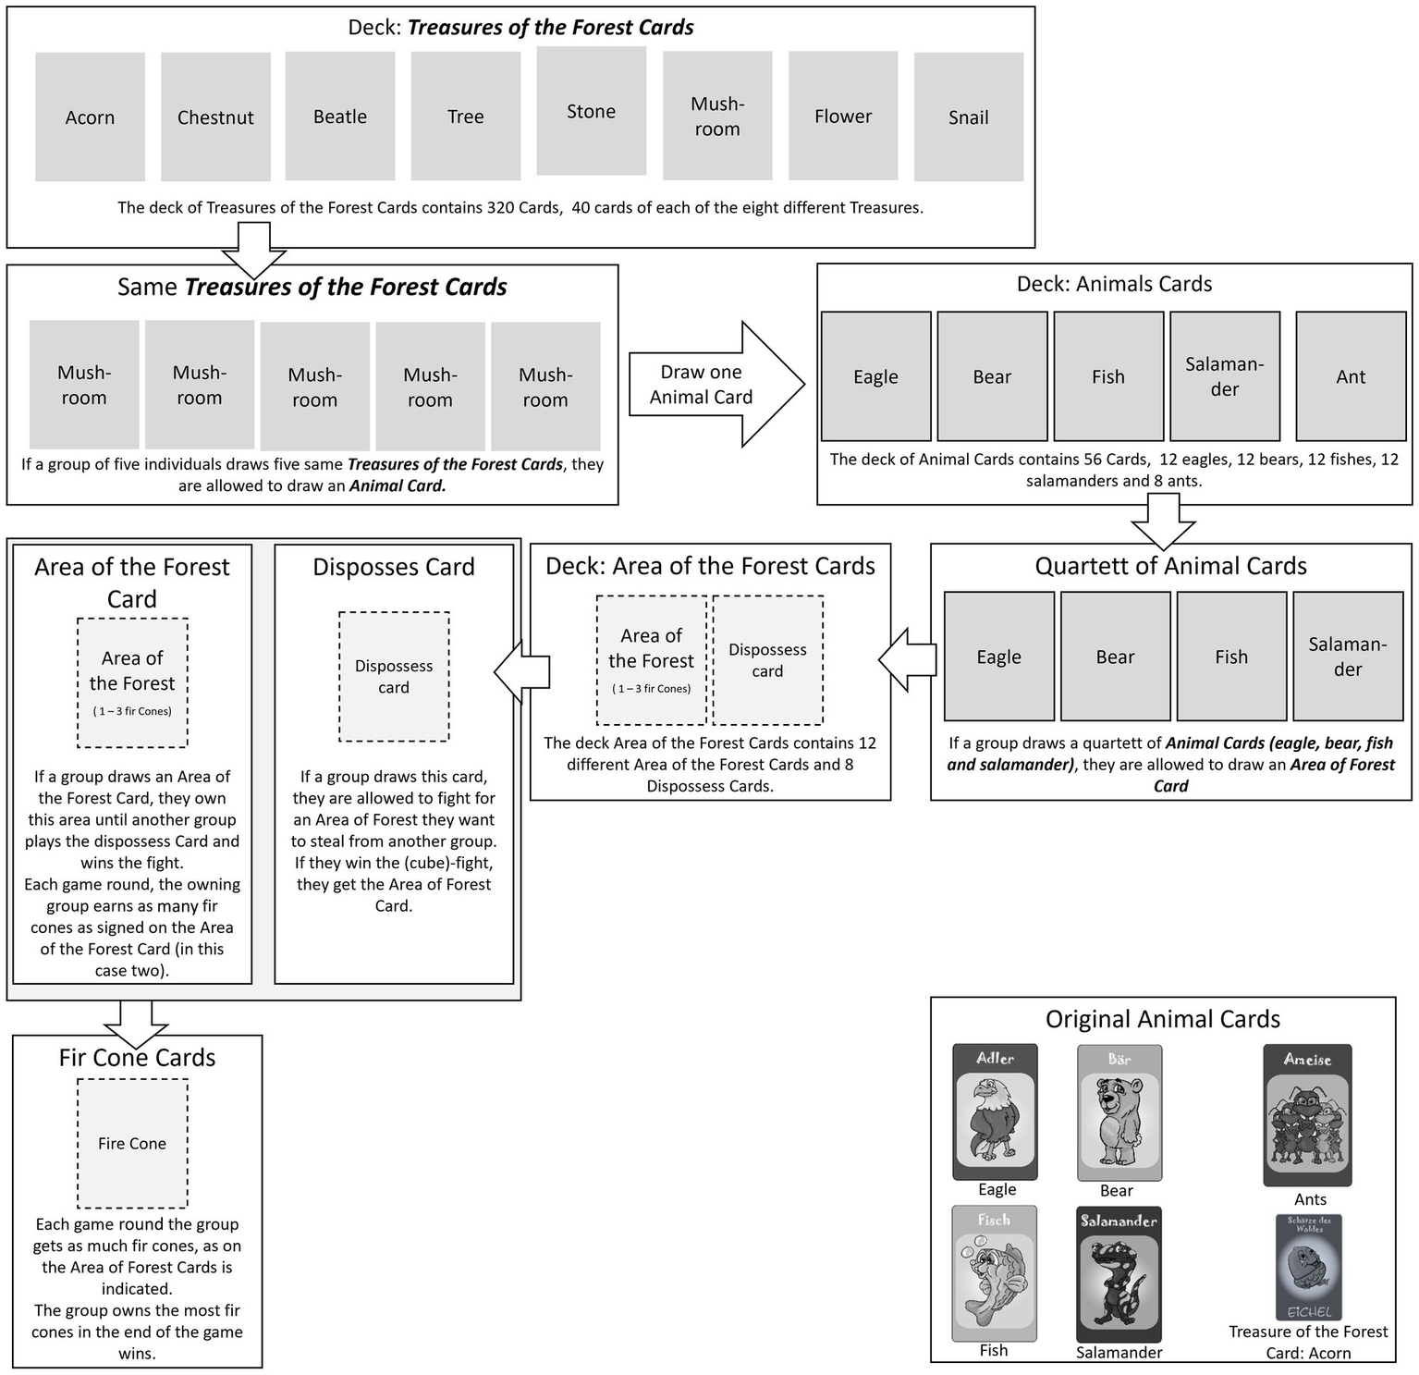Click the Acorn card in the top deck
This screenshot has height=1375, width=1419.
click(x=90, y=117)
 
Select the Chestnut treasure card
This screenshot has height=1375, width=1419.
click(x=215, y=117)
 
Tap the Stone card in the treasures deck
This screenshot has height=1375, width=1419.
click(x=591, y=111)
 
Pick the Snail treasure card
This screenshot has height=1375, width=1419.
click(x=968, y=117)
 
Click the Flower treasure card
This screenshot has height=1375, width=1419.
click(x=842, y=116)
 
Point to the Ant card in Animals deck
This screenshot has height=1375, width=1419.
click(x=1350, y=376)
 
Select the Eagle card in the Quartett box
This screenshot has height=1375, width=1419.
click(x=998, y=657)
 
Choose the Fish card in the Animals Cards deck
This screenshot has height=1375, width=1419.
click(x=1107, y=376)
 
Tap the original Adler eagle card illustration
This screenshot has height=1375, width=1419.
click(x=995, y=1111)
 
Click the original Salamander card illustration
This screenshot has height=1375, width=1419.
click(x=1119, y=1274)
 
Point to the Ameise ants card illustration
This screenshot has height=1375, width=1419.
click(x=1307, y=1115)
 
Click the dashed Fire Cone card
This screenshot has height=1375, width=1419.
click(x=132, y=1143)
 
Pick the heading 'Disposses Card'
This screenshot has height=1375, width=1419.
click(x=393, y=567)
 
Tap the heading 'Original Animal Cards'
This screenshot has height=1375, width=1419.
click(x=1162, y=1019)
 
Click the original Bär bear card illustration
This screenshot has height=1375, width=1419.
click(x=1119, y=1112)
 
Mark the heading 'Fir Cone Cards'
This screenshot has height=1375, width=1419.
click(x=137, y=1057)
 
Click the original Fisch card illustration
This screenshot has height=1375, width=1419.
click(x=994, y=1272)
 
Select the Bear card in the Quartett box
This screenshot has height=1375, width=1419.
click(x=1115, y=657)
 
